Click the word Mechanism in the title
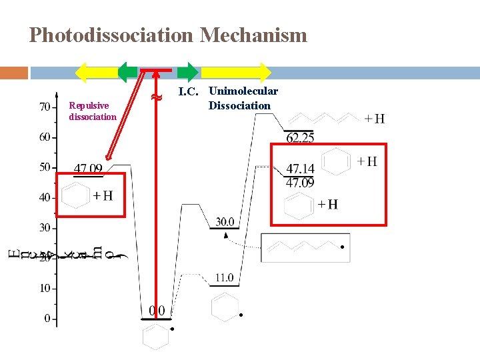253,35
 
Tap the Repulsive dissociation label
93,111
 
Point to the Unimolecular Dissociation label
243,98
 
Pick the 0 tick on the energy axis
47,319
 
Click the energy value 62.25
300,139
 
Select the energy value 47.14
300,169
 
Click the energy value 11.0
224,277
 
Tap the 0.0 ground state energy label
157,311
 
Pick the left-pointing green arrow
128,71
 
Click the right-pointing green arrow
188,71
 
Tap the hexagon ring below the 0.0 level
156,335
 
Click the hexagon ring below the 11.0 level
223,306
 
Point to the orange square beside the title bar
14,72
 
